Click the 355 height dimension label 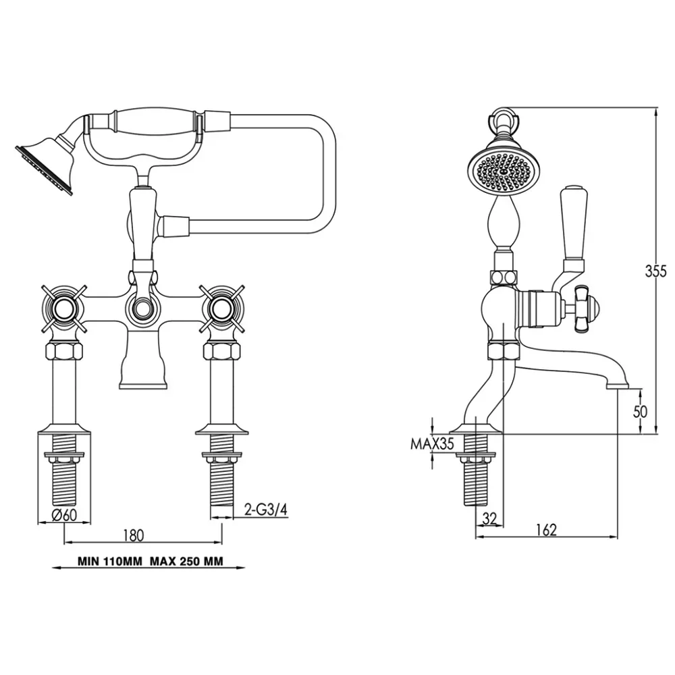(x=655, y=271)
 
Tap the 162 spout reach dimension (x=546, y=529)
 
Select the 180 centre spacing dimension (x=133, y=535)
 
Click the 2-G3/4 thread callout (x=265, y=510)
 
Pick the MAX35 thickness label (x=432, y=443)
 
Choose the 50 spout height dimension (x=640, y=412)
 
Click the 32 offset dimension (x=489, y=518)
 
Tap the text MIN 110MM (x=109, y=562)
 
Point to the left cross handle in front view (x=64, y=308)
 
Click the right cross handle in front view (x=221, y=308)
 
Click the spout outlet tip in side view (x=618, y=386)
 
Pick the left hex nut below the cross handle (x=64, y=351)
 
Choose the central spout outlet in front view (x=142, y=385)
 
